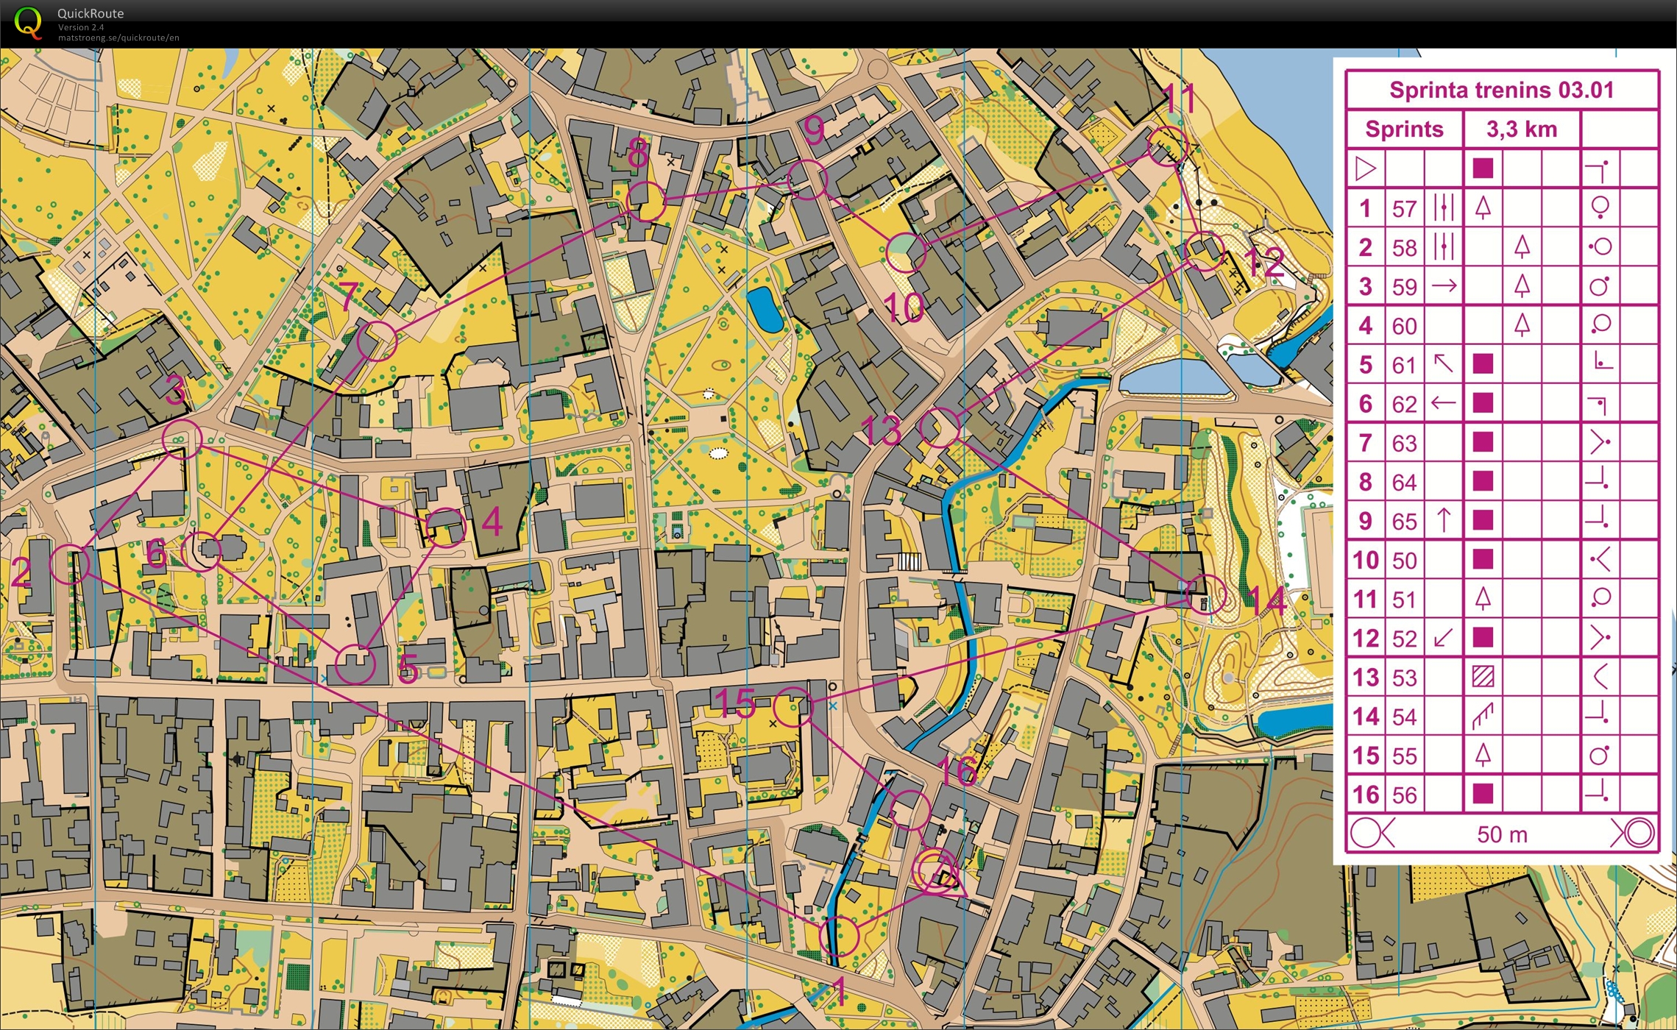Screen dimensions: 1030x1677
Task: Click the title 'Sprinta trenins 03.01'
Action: coord(1501,90)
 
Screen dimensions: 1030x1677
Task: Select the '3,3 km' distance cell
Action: coord(1521,129)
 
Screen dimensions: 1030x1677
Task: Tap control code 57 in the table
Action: coord(1404,209)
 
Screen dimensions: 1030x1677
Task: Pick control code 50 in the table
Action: coord(1404,561)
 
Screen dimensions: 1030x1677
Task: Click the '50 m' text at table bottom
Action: coord(1502,834)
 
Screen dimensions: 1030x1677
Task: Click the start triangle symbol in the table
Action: coord(1366,169)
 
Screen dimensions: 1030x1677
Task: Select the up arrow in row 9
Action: coord(1443,521)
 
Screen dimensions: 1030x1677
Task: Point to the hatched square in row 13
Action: coord(1483,677)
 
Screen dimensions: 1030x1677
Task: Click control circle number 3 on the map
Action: coord(182,439)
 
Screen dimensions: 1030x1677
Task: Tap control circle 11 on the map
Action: coord(1168,146)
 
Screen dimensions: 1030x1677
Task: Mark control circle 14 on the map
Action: coord(1206,594)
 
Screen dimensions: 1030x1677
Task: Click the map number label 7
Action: coord(348,296)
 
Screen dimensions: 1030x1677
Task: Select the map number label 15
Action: coord(735,703)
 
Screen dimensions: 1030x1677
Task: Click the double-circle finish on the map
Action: coord(935,871)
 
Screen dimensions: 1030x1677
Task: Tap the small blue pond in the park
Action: coord(765,309)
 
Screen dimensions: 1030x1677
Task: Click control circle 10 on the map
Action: coord(906,253)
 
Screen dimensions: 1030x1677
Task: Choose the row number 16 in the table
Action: coord(1366,795)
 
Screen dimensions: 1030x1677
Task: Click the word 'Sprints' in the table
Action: coord(1404,129)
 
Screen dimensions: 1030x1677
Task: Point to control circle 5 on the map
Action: coord(355,664)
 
